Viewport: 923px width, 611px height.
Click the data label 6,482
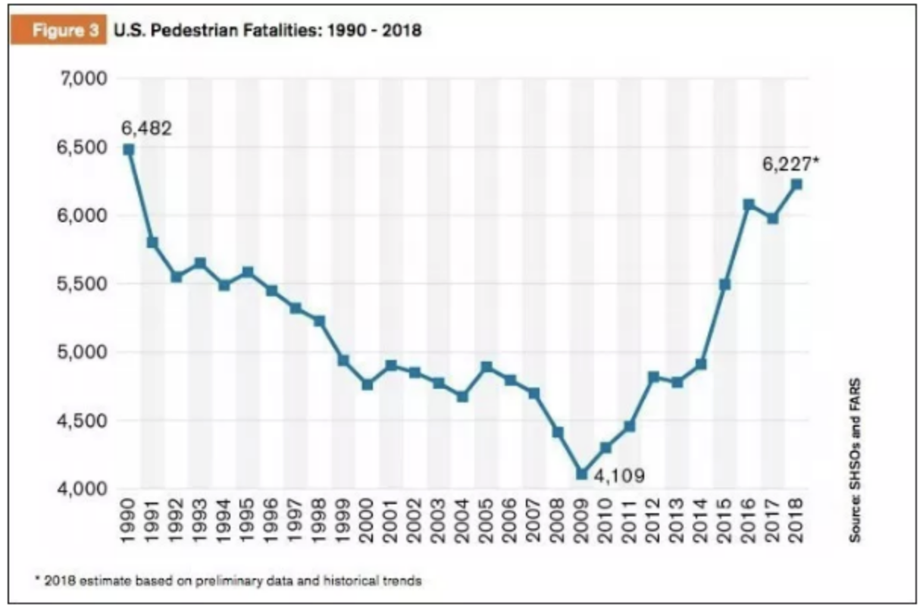tap(146, 127)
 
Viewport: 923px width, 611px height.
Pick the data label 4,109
tap(619, 477)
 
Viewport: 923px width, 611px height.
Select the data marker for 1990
tap(129, 150)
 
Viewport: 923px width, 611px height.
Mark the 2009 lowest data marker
tap(581, 474)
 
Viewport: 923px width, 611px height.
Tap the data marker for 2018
tap(796, 184)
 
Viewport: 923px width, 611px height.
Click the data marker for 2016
tap(749, 205)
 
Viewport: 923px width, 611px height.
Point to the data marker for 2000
tap(367, 384)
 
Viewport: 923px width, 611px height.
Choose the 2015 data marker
tap(724, 284)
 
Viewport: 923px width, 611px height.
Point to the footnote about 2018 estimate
tap(227, 581)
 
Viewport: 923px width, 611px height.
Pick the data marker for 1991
tap(152, 243)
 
